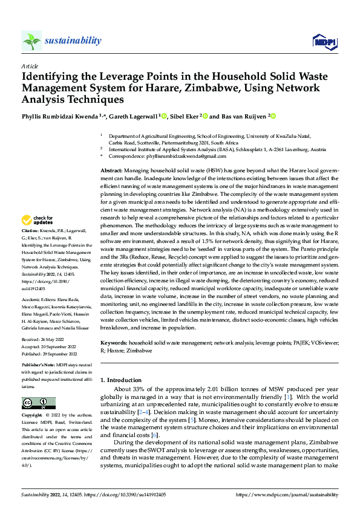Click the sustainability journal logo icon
[31, 41]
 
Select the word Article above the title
[30, 65]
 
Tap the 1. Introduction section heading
[124, 380]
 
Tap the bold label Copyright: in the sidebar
[32, 415]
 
